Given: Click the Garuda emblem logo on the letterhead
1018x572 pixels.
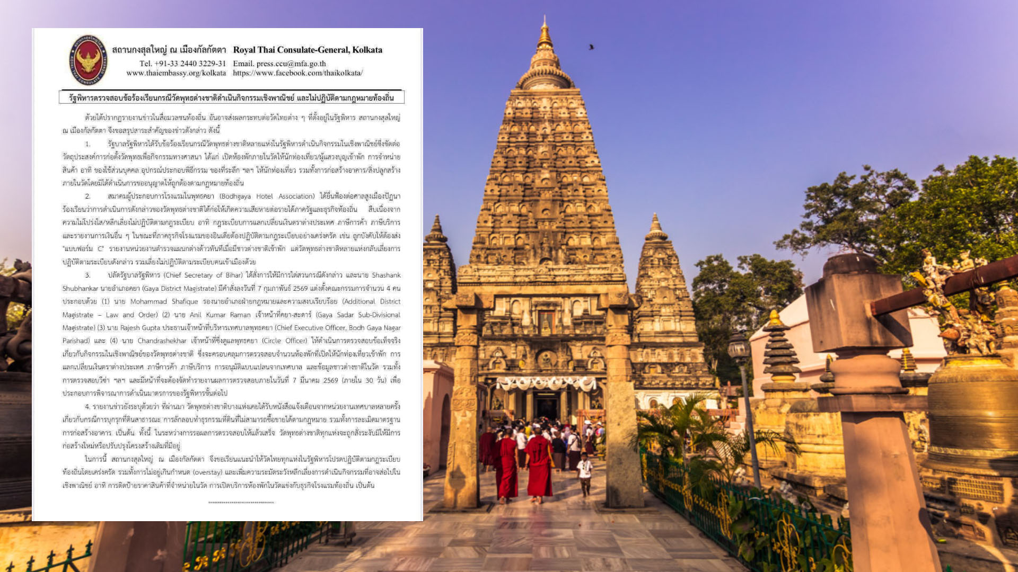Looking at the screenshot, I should pos(88,60).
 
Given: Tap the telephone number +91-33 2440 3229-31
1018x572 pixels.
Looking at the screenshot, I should pos(182,64).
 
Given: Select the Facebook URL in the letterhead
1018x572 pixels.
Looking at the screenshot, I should pos(297,73).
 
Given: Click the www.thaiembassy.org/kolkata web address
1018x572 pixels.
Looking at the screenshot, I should pos(176,73).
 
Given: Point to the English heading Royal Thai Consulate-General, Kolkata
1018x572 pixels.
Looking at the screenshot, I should pos(308,50).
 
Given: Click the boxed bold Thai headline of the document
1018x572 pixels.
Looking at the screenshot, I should pos(231,98).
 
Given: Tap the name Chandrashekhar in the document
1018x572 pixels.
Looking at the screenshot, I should pos(162,341).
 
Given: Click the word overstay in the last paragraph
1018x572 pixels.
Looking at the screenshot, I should pos(207,472).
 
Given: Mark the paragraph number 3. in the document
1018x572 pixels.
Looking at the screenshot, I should pos(87,275).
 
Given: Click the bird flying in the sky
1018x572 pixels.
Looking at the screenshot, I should pos(591,47).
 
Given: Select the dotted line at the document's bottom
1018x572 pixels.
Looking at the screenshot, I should pos(241,502).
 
